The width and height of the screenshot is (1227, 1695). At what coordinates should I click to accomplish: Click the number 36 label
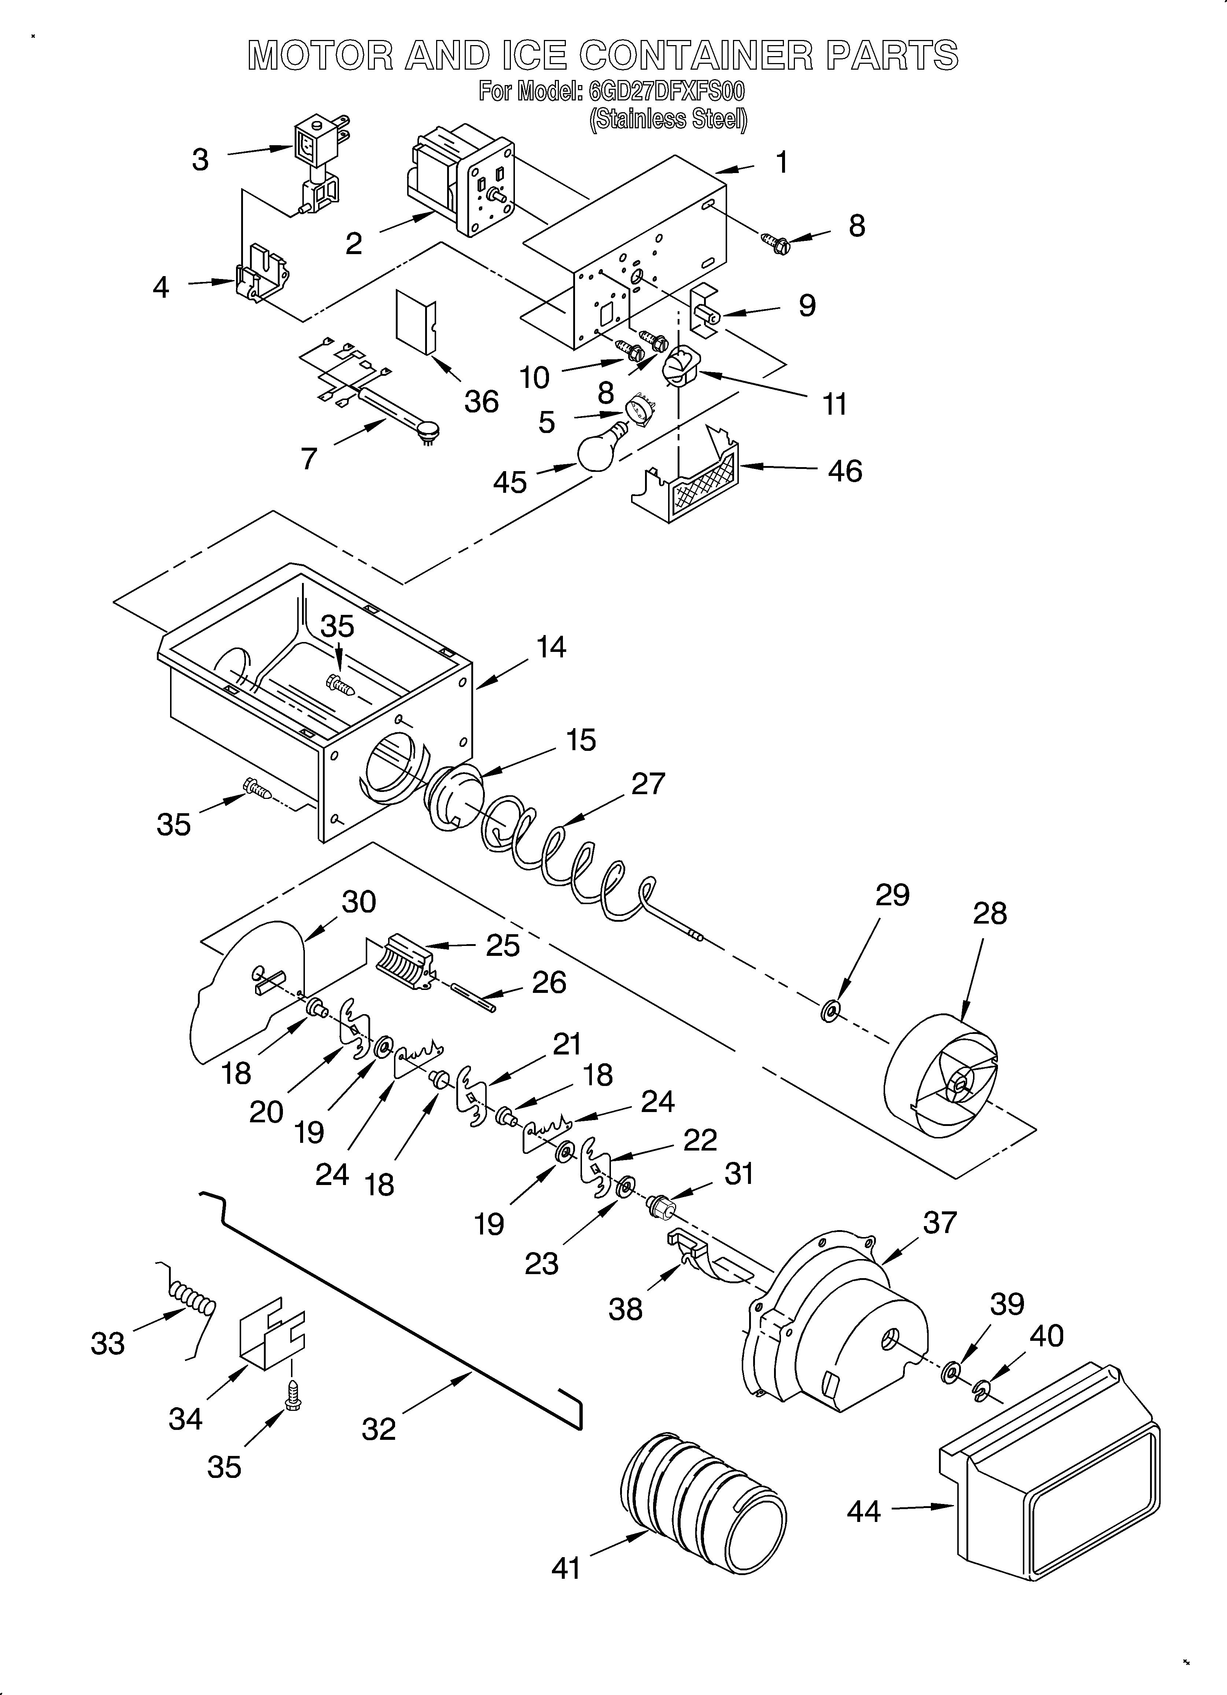[x=481, y=402]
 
